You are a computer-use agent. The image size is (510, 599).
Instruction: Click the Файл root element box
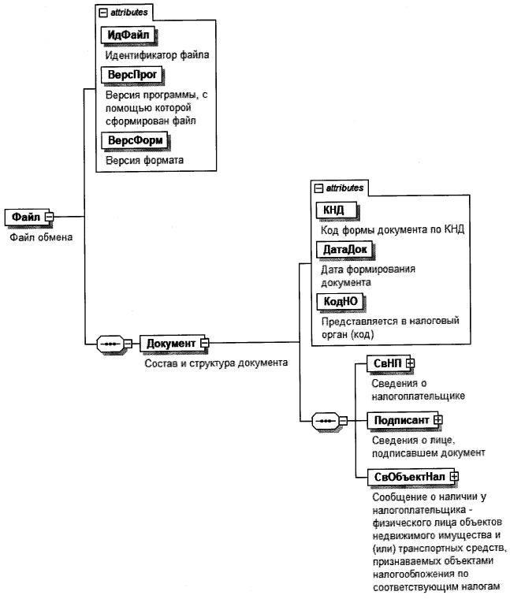click(24, 216)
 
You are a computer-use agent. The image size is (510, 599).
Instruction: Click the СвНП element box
click(386, 363)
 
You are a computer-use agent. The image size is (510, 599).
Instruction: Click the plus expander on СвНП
click(410, 363)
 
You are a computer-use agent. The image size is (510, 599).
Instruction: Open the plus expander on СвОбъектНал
click(454, 476)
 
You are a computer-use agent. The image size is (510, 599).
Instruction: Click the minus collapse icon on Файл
click(48, 216)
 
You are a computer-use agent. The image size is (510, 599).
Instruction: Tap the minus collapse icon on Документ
click(204, 343)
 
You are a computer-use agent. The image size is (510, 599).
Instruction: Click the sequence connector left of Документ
click(113, 344)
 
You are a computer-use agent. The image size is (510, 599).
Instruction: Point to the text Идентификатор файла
click(157, 56)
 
